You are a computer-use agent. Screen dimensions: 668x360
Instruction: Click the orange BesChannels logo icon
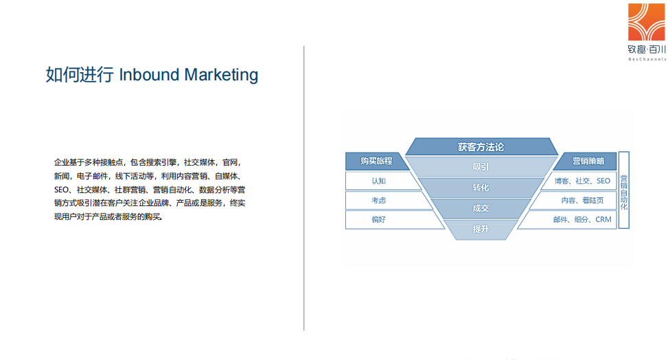point(646,22)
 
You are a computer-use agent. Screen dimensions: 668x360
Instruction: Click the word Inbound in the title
point(149,75)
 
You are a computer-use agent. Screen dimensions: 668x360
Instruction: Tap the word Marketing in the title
point(221,75)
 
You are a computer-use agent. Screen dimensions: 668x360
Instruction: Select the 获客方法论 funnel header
point(481,147)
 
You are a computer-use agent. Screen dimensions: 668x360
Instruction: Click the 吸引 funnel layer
point(481,167)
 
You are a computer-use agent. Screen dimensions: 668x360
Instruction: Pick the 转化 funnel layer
point(481,188)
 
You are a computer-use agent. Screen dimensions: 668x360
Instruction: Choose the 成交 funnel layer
point(481,209)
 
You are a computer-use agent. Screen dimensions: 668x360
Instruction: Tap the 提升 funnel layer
point(481,229)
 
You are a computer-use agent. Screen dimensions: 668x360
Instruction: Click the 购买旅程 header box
point(376,161)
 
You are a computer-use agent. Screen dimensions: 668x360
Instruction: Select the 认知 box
point(378,181)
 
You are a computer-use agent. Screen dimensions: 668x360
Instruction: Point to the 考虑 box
point(378,200)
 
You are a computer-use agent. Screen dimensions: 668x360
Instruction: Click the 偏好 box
point(378,220)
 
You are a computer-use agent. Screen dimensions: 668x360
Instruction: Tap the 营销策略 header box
point(588,161)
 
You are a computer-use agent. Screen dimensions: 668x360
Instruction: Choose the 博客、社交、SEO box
point(582,181)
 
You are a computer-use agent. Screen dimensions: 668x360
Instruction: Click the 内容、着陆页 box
point(582,200)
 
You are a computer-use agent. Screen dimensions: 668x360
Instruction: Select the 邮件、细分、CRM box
point(582,220)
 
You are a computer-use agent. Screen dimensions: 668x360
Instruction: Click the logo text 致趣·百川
point(646,49)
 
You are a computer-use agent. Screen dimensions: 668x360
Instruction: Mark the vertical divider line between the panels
point(303,188)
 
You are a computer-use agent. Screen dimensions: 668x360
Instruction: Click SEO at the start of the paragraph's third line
point(61,190)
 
